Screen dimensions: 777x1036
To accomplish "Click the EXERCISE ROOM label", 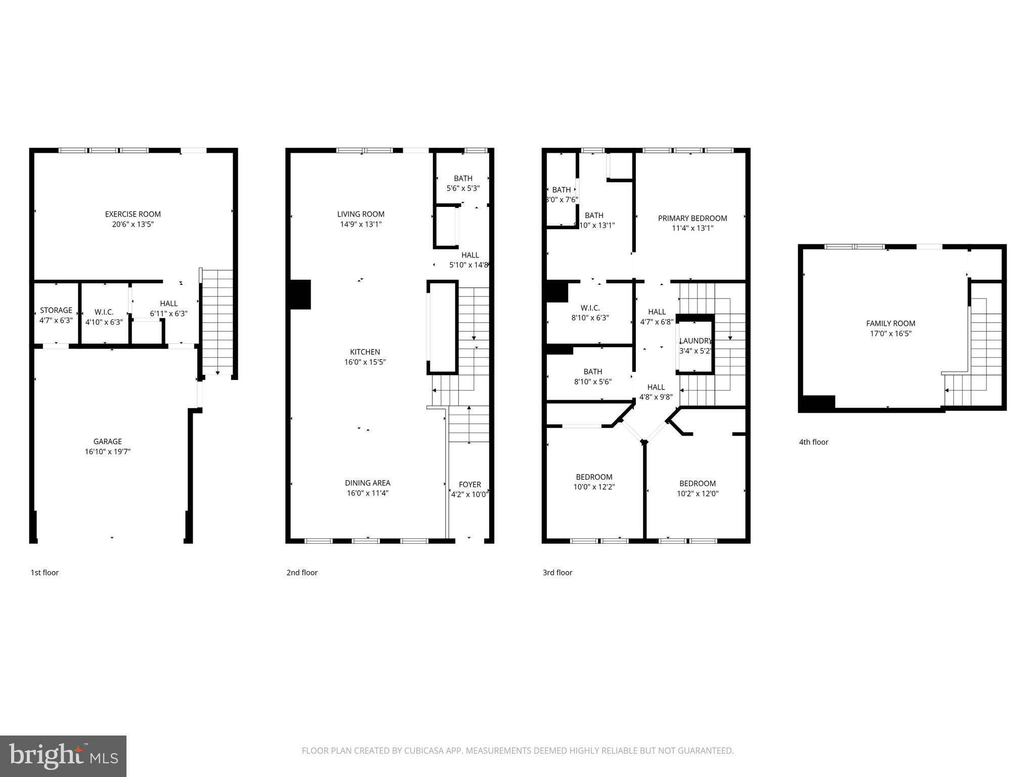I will (133, 214).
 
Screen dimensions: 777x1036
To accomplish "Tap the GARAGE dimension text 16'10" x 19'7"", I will (108, 452).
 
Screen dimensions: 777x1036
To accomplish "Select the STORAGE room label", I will (56, 310).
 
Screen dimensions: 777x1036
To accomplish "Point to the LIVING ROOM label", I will (361, 214).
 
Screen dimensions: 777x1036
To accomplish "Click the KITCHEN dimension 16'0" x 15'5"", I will (365, 362).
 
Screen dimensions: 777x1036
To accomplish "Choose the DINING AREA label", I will (368, 483).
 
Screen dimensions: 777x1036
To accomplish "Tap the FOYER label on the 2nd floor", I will (469, 485).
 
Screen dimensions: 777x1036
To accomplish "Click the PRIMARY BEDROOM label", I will (692, 218).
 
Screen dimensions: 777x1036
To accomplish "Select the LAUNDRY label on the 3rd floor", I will (696, 341).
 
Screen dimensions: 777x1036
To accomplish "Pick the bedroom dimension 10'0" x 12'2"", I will (594, 487).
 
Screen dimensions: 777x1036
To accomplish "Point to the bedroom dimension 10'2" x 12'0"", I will (698, 494).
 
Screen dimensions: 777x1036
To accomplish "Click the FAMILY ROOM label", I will (890, 324).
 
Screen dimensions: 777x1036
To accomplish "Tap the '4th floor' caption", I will (813, 442).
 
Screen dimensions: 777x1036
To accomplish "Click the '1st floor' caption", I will (45, 573).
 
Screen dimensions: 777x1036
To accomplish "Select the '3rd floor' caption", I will (557, 573).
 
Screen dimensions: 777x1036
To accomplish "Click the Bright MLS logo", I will (63, 756).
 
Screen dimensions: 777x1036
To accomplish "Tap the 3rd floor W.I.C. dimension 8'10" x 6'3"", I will (590, 318).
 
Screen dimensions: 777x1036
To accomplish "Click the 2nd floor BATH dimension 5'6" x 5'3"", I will (463, 188).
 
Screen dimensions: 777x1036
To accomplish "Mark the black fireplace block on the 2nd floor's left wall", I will (300, 294).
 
